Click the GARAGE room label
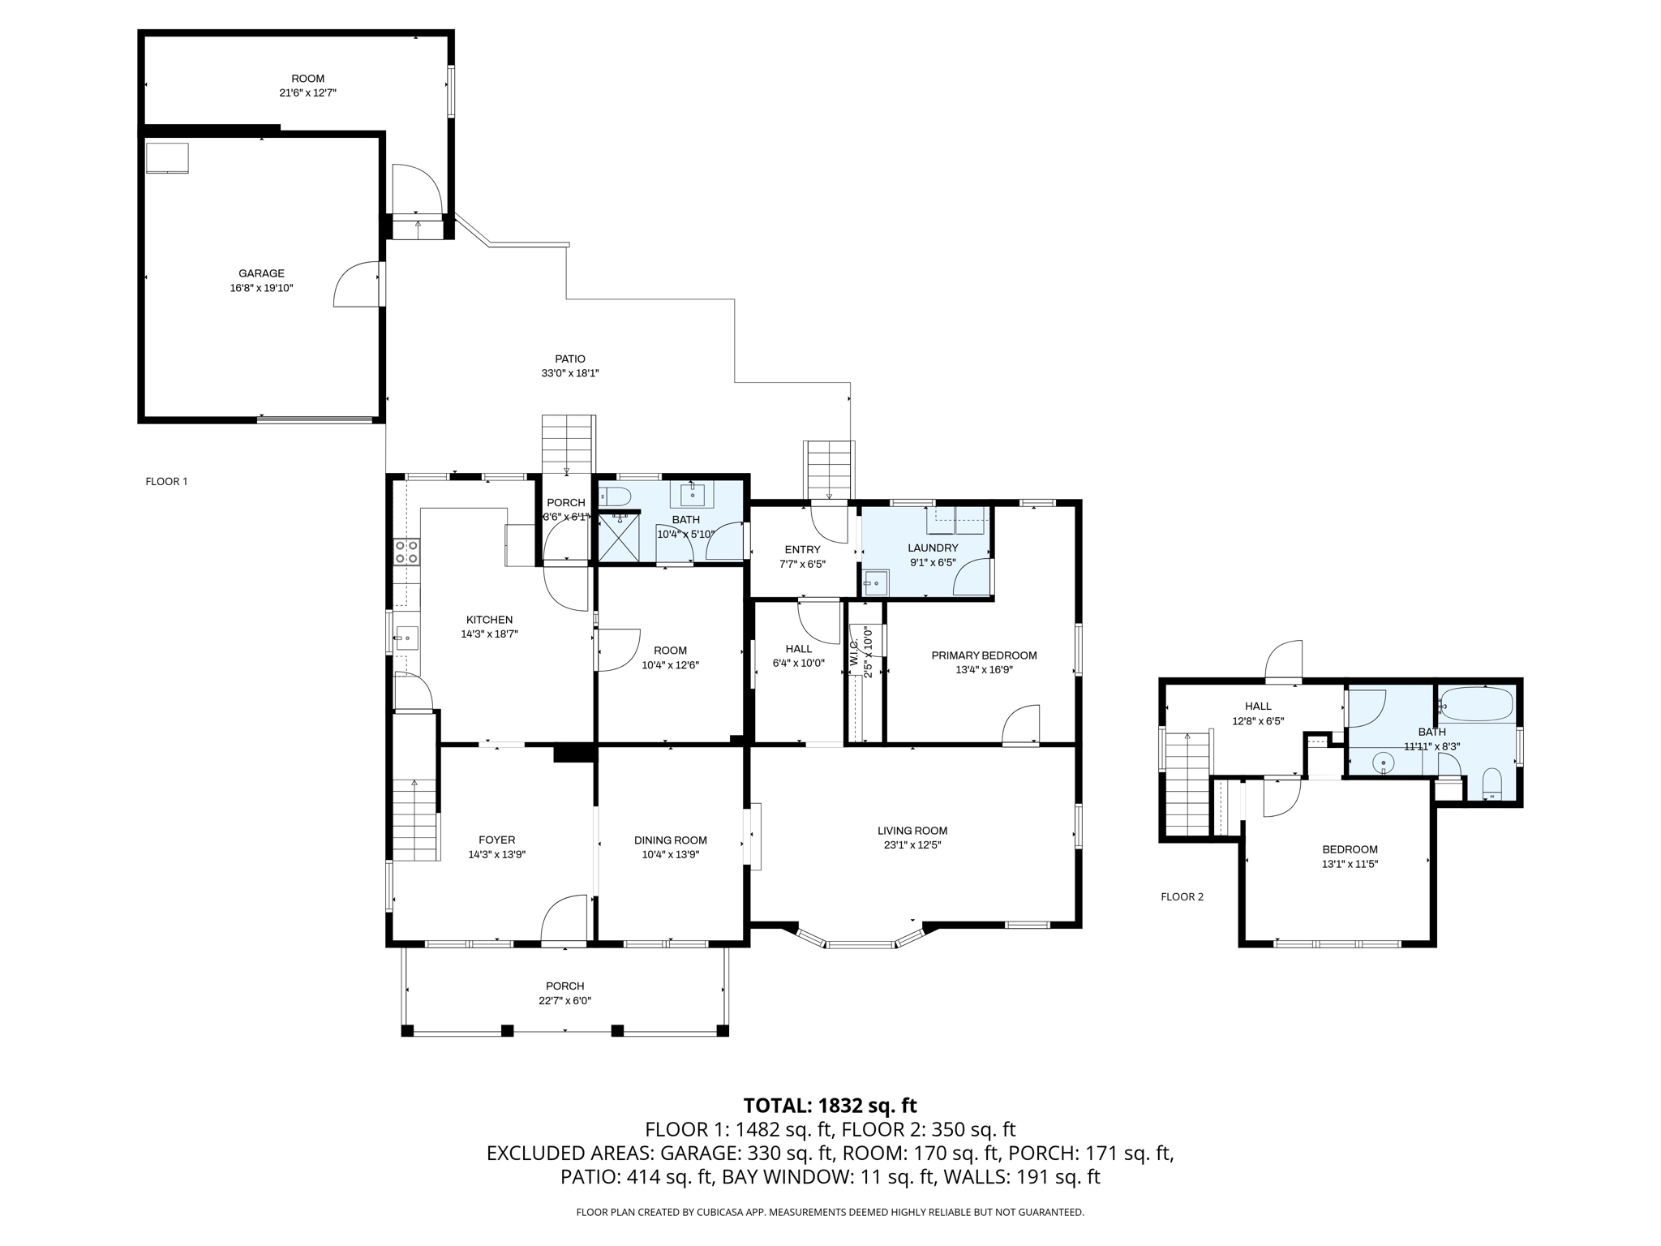click(261, 273)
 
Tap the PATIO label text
click(570, 359)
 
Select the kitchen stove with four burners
click(406, 552)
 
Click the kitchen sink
click(406, 638)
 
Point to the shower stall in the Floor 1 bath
click(619, 536)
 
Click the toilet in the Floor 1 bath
click(614, 496)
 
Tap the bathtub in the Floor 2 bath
click(1475, 704)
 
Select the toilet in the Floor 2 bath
click(1491, 784)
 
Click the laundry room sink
click(875, 582)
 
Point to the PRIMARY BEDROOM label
click(984, 655)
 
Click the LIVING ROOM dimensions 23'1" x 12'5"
click(912, 844)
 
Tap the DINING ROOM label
click(671, 840)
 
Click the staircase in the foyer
click(415, 819)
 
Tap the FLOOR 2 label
click(1182, 896)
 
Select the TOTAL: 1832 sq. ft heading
click(830, 1106)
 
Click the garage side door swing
click(357, 284)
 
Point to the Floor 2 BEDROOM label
click(1350, 849)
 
